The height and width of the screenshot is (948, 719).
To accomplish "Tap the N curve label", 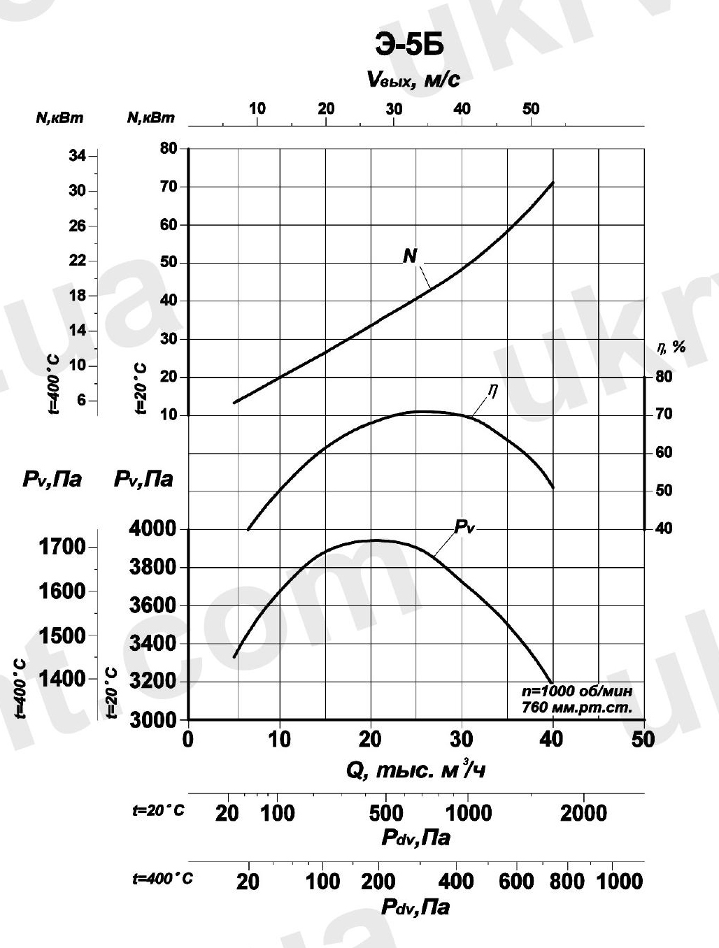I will (x=410, y=257).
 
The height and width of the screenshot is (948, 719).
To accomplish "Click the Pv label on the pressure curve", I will (x=464, y=527).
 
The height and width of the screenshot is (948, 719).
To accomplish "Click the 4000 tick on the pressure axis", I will (x=153, y=529).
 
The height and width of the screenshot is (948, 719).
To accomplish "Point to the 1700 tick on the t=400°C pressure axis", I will (x=63, y=546).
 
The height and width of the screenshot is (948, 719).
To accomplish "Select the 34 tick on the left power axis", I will (x=77, y=156).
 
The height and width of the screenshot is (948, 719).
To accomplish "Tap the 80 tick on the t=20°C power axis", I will (x=169, y=149).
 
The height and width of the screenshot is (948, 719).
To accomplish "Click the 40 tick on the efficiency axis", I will (x=663, y=529).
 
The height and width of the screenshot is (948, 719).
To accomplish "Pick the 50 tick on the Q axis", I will (x=643, y=740).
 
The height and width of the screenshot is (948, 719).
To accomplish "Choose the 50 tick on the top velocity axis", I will (x=530, y=108).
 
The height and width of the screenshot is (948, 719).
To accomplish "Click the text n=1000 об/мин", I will (x=578, y=691).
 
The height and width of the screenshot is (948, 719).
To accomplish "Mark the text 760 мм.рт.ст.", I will (x=578, y=708).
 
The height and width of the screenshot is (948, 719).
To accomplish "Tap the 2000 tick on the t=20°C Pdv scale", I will (x=584, y=813).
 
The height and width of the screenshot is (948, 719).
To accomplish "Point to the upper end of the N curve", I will (x=553, y=182).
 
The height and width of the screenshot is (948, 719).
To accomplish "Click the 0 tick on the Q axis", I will (x=188, y=740).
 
